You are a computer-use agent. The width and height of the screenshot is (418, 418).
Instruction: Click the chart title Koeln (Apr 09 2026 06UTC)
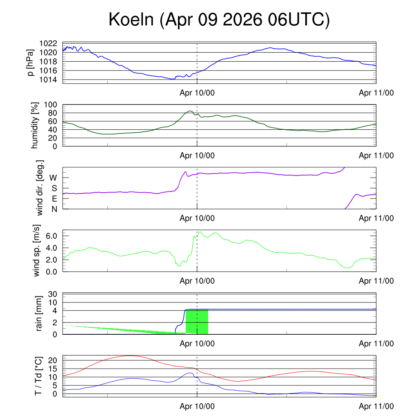coord(219,20)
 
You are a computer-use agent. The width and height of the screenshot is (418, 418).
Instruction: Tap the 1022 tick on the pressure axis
coord(48,43)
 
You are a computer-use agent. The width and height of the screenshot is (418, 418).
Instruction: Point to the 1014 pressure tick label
coord(48,80)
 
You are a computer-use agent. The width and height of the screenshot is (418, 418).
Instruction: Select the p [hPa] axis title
coord(31,62)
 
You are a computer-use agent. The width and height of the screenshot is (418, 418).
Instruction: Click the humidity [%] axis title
coord(35,125)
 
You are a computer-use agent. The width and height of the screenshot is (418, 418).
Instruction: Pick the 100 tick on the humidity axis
coord(50,105)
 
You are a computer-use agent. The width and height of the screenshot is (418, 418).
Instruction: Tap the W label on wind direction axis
coord(53,178)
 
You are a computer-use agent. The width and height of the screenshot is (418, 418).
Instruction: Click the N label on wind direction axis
coord(54,209)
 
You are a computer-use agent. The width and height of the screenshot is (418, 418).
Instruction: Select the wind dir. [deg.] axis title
coord(40,188)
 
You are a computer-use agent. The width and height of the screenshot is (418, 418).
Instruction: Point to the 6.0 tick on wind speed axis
coord(51,236)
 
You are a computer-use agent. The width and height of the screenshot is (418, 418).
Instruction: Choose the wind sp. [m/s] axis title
coord(36,251)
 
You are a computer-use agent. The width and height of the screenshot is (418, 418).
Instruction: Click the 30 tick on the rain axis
coord(53,294)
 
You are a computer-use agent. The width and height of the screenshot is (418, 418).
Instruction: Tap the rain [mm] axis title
coord(39,313)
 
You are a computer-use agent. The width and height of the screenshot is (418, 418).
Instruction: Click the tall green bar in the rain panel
coord(197,322)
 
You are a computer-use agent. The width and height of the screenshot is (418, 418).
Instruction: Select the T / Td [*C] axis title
coord(38,376)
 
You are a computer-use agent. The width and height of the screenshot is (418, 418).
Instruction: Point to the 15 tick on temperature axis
coord(53,369)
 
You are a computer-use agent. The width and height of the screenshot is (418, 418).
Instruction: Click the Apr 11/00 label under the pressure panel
coord(376,93)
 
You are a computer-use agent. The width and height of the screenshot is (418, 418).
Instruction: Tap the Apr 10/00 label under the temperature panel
coord(197,406)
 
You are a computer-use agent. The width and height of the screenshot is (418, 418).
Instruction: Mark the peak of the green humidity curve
coord(190,111)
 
